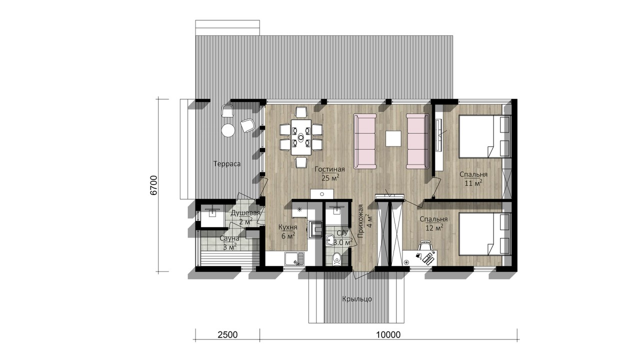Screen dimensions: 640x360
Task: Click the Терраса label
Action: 227,164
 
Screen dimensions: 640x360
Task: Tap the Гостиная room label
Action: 329,169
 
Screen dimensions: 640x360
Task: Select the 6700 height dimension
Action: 153,185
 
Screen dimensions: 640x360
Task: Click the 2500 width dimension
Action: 227,334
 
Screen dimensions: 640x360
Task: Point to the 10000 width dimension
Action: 388,334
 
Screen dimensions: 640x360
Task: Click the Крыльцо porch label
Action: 357,299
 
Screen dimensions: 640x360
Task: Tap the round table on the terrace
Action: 228,130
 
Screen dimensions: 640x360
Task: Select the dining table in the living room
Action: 301,137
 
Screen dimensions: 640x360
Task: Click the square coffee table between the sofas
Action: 393,138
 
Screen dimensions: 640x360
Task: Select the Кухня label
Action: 288,227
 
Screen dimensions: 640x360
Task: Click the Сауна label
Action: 229,238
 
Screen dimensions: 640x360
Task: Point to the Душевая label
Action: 245,213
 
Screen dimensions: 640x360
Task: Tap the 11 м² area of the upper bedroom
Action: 473,183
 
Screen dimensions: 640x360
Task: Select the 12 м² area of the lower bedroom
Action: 434,227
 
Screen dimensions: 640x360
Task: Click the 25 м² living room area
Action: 330,177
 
